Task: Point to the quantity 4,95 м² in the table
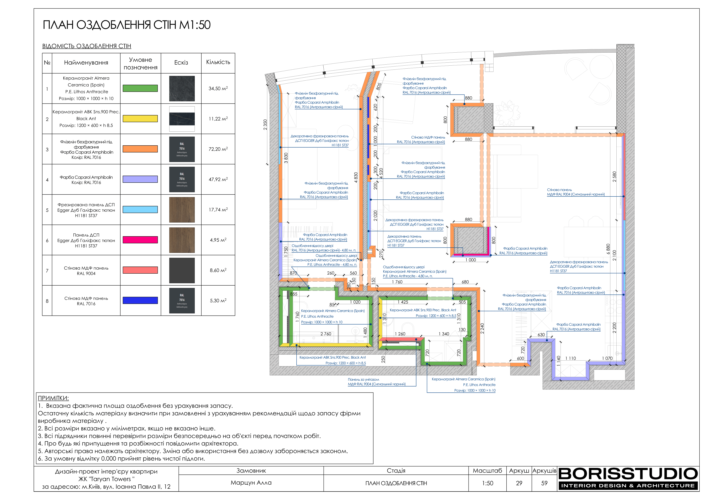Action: click(218, 240)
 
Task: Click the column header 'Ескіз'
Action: click(181, 63)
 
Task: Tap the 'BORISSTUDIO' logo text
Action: click(628, 474)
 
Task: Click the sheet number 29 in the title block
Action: click(519, 483)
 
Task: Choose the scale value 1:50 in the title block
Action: click(488, 483)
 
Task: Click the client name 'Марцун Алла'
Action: click(251, 483)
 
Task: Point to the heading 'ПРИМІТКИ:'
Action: click(53, 398)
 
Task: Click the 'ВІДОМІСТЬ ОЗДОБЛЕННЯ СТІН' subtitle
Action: click(87, 46)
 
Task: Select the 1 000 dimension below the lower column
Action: click(471, 260)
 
